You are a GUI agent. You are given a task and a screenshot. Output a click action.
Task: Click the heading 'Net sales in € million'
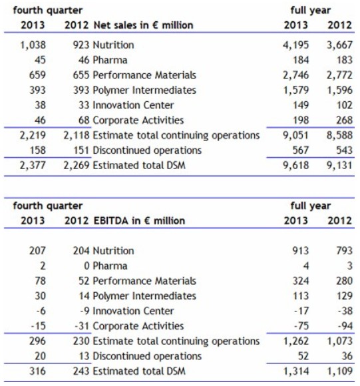coord(143,25)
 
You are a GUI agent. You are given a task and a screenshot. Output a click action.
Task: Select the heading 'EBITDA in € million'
coord(139,220)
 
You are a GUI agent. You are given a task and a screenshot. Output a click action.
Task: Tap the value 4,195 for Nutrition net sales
coord(295,45)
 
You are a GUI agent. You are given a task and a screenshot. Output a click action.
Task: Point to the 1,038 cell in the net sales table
coord(33,45)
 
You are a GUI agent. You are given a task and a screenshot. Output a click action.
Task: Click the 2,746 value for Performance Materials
coord(295,75)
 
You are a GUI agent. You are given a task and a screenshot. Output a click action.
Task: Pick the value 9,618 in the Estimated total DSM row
coord(295,165)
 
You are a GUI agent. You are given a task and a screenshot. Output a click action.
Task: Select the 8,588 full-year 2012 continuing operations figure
coord(339,135)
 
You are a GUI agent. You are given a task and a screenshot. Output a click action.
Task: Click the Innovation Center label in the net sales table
coord(133,105)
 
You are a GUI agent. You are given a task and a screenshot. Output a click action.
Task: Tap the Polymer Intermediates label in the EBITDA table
coord(144,296)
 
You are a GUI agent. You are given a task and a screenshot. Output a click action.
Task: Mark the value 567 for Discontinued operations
coord(301,150)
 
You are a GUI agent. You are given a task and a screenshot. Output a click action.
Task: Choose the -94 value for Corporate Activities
coord(345,326)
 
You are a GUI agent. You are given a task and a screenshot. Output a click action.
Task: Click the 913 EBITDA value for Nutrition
coord(301,251)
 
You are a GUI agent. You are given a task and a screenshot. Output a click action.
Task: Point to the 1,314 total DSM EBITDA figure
coord(295,371)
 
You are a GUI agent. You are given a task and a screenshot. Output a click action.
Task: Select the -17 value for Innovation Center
coord(301,311)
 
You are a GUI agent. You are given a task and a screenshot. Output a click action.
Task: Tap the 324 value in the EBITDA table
coord(301,281)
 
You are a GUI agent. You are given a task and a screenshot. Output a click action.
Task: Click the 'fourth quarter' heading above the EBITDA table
coord(48,206)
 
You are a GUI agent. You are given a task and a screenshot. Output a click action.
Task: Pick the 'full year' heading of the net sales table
coord(311,11)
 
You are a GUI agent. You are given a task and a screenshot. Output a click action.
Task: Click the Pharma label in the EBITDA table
coord(110,266)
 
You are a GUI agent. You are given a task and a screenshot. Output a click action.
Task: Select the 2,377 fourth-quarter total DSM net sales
coord(33,165)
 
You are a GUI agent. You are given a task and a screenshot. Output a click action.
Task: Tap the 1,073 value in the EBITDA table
coord(339,341)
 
